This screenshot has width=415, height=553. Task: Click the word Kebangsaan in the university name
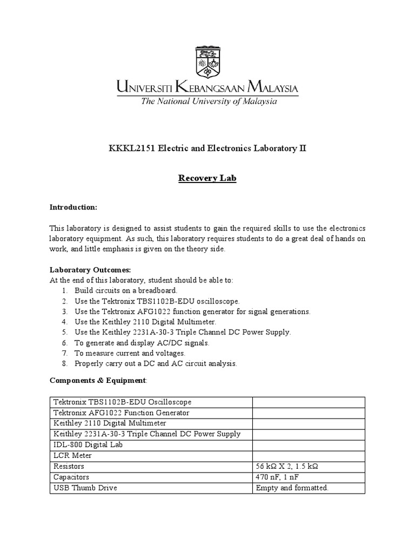click(207, 87)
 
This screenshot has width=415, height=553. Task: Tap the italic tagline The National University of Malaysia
click(209, 102)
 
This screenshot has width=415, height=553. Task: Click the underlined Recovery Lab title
click(207, 178)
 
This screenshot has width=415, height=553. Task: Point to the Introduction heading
click(73, 207)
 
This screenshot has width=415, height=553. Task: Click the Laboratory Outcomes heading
click(90, 270)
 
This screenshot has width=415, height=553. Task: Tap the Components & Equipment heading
click(98, 380)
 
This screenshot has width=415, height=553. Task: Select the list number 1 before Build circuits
click(64, 291)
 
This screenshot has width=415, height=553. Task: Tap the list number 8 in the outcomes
click(64, 363)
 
